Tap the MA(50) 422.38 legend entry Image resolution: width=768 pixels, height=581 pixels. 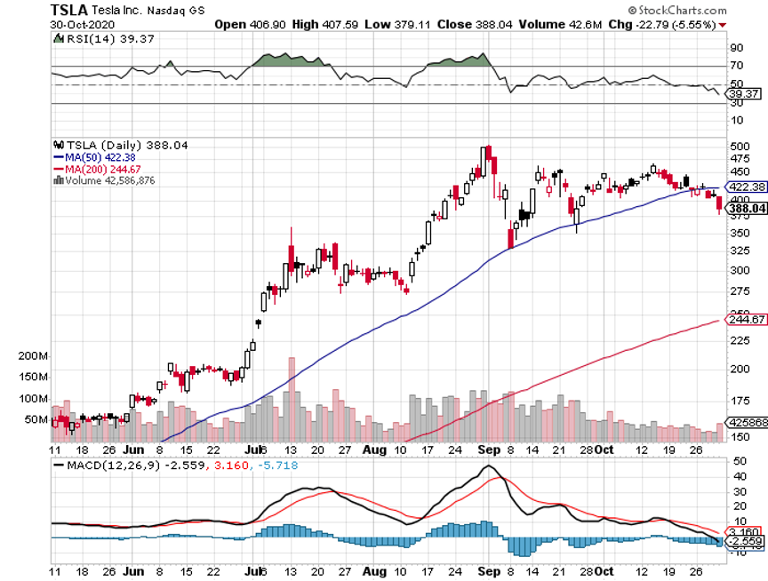coord(92,157)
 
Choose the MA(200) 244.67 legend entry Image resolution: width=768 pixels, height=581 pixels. coord(94,168)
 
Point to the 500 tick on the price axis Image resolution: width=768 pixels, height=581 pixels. coord(740,146)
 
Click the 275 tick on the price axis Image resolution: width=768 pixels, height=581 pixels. coord(740,292)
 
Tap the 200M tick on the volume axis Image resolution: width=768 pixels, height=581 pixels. coord(32,355)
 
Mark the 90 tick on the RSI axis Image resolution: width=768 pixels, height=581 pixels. coord(737,48)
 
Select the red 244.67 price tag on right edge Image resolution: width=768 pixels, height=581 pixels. coord(748,320)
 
